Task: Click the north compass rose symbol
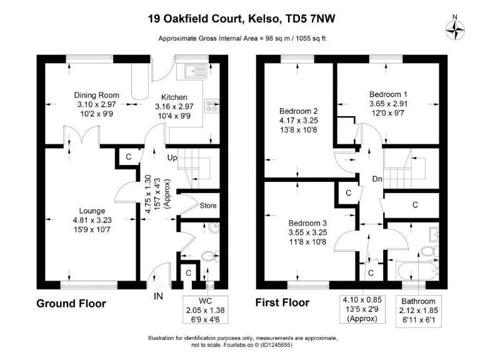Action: [454, 29]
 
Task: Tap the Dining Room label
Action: [96, 95]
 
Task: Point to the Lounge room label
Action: [92, 211]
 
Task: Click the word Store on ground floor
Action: [207, 205]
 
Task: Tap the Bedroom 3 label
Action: [307, 222]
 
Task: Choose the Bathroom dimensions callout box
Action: [418, 309]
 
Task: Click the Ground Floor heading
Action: [71, 304]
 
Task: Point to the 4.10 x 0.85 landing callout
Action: [361, 309]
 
